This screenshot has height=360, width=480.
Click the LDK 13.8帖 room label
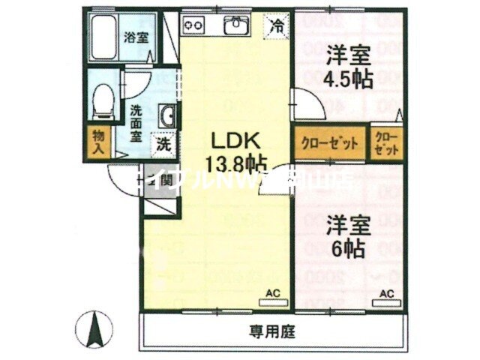coord(234,150)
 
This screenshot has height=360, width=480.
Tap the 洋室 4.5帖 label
coord(349,67)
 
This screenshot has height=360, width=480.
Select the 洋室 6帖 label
coord(346,236)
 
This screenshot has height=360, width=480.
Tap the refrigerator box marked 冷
coord(277,25)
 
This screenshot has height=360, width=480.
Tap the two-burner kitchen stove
coord(195,26)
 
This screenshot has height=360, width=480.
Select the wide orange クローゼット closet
coord(328,143)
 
